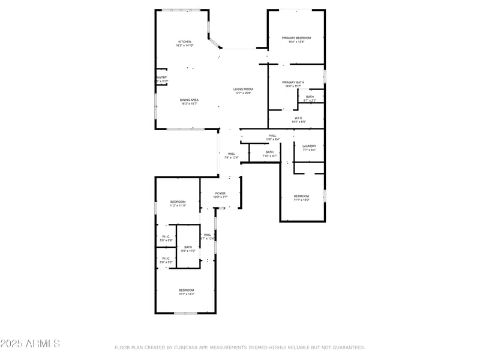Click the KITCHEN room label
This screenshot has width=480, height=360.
(x=184, y=41)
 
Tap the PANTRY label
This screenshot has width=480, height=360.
(x=161, y=77)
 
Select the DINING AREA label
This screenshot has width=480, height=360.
(x=189, y=100)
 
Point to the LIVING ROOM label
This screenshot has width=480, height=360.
(x=243, y=89)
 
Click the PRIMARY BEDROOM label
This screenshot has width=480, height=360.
(x=296, y=38)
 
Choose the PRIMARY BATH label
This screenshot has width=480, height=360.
(x=293, y=82)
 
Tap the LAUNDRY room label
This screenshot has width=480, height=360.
(x=309, y=146)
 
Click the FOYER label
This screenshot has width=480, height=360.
(x=221, y=193)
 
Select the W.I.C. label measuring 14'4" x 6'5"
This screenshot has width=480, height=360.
(x=298, y=118)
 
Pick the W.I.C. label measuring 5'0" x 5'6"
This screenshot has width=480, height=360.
(x=166, y=236)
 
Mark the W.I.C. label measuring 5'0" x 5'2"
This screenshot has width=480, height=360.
(x=166, y=259)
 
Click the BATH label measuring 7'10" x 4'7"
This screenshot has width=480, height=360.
(x=269, y=152)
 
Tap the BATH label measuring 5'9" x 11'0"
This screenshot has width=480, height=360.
(x=188, y=247)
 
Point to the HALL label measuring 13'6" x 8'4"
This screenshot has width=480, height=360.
(x=272, y=136)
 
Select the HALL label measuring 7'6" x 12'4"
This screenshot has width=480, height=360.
(x=231, y=154)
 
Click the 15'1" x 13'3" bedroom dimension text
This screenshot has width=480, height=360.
(x=185, y=295)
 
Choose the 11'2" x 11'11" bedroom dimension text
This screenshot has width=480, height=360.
(x=178, y=206)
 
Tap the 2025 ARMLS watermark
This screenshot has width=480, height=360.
(x=30, y=344)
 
